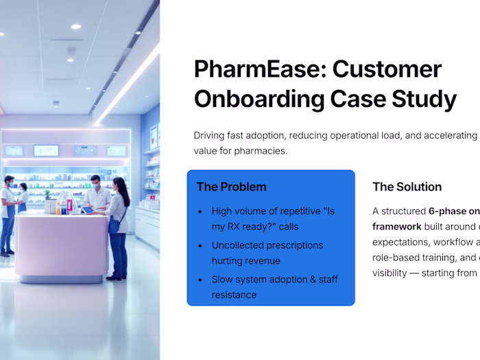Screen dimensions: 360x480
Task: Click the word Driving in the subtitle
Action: coord(211,135)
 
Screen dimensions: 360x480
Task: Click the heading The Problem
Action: coord(231,187)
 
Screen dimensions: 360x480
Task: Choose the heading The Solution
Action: coord(407,187)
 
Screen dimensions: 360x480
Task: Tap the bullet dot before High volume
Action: coord(200,212)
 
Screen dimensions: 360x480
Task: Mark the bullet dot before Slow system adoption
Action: coord(200,280)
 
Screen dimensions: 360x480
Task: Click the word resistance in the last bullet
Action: coord(234,295)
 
